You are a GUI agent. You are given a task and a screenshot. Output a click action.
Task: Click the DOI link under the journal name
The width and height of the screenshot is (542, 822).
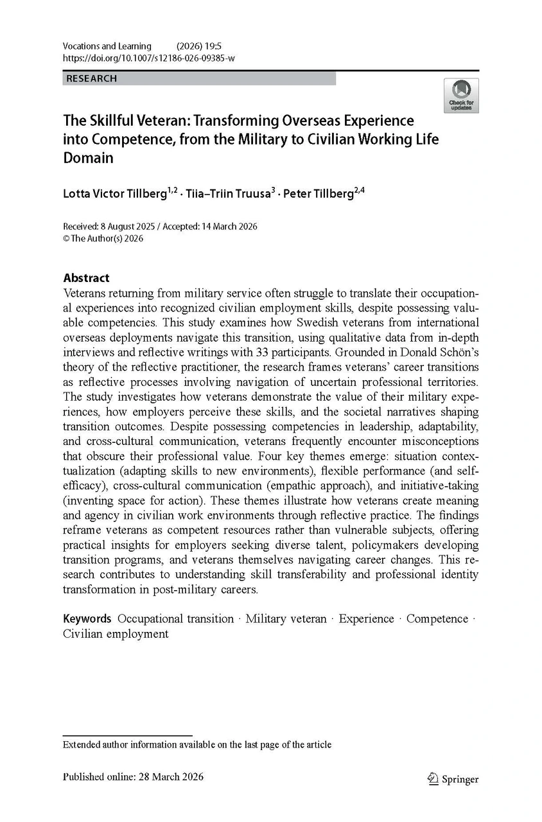148,58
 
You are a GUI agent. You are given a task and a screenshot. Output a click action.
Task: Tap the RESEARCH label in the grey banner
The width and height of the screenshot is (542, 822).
90,78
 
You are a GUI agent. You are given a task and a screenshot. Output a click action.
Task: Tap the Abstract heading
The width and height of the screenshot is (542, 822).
86,278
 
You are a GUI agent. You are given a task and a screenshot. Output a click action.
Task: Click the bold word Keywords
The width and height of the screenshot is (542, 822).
87,618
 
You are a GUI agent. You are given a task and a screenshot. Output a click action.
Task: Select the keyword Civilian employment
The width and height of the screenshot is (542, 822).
116,634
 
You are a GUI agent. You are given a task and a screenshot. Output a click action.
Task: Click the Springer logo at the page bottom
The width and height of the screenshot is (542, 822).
453,778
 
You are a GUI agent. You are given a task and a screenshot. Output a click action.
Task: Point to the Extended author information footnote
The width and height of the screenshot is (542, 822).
197,745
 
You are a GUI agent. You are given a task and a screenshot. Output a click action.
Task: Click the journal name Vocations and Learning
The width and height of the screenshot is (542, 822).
107,46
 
